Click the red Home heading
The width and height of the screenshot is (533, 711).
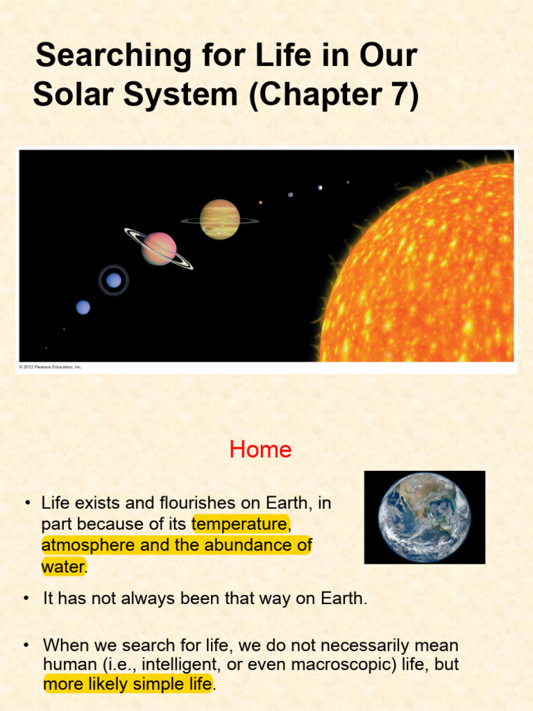[x=260, y=450]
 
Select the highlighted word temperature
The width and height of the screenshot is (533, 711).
[x=239, y=524]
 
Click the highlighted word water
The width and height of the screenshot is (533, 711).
[x=63, y=566]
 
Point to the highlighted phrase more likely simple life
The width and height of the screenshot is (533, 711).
[x=128, y=685]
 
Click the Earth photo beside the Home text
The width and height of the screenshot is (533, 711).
[x=424, y=517]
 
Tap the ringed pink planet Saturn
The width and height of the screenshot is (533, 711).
[x=159, y=249]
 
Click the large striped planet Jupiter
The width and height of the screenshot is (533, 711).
[x=219, y=219]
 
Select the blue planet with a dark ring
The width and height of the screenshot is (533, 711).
[x=113, y=281]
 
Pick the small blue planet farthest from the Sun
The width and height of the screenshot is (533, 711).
[x=83, y=307]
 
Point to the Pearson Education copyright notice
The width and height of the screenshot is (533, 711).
[x=50, y=367]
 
